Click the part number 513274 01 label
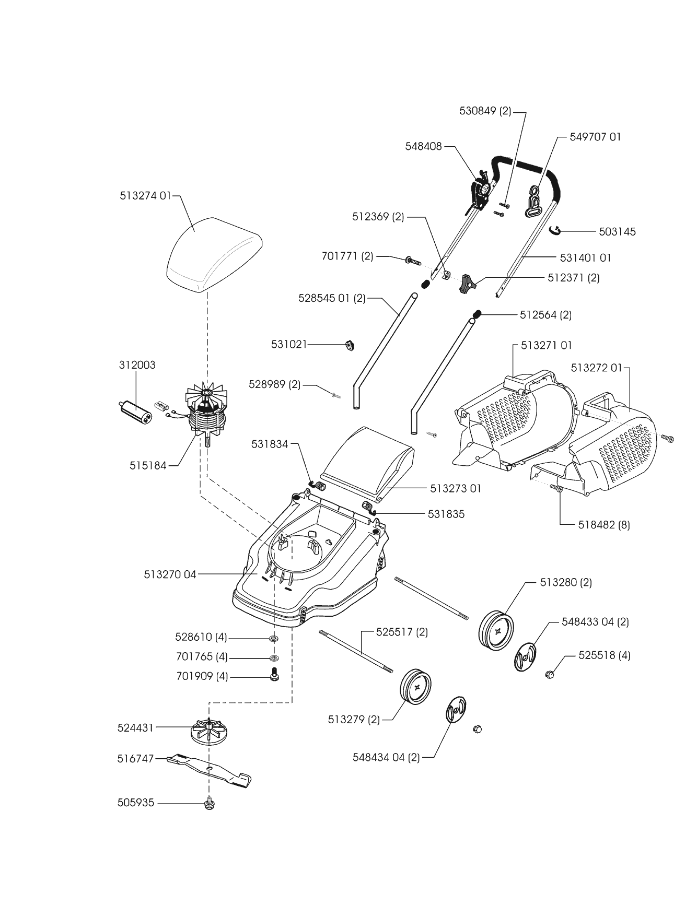[145, 196]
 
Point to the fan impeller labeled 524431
[210, 728]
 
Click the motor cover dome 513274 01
[213, 257]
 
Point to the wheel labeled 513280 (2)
[496, 631]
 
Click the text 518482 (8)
[604, 525]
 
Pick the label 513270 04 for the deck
[170, 574]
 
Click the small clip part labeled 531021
[350, 345]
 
